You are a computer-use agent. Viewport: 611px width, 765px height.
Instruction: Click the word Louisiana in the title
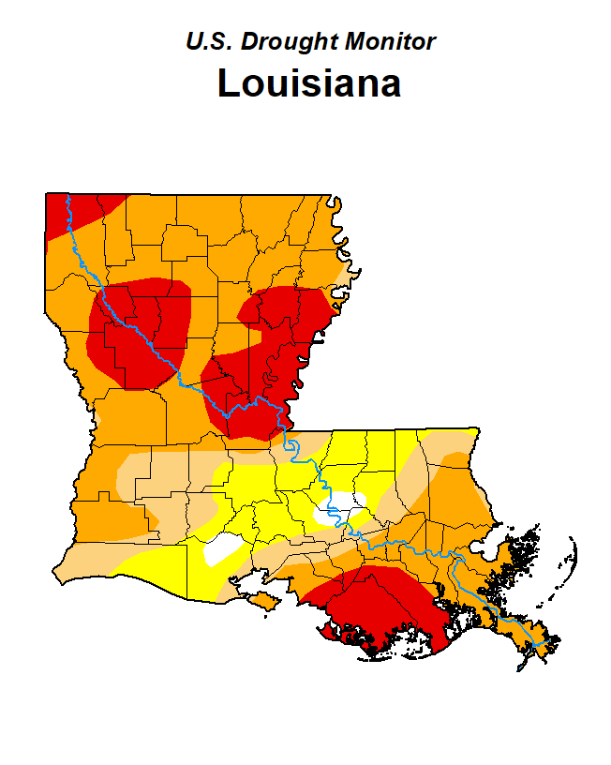[309, 82]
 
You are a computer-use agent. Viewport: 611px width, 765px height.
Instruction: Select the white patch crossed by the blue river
[336, 510]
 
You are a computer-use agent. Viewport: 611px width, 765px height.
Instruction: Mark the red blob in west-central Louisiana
[141, 328]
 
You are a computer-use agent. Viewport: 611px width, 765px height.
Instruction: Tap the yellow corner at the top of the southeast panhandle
[464, 436]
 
